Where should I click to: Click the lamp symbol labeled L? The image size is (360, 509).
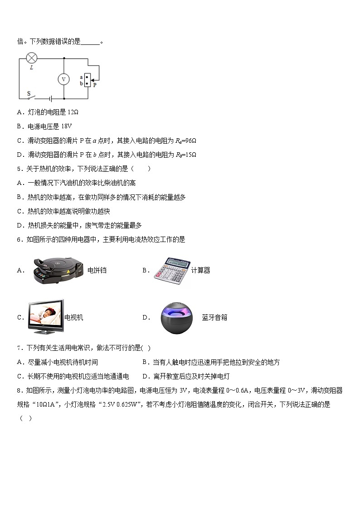pyautogui.click(x=31, y=58)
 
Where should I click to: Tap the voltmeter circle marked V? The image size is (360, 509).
pyautogui.click(x=63, y=79)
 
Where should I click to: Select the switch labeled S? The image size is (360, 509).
pyautogui.click(x=29, y=96)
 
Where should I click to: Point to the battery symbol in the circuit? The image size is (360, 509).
pyautogui.click(x=51, y=98)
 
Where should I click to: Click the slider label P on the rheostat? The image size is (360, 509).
pyautogui.click(x=94, y=84)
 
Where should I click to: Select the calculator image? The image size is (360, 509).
pyautogui.click(x=171, y=271)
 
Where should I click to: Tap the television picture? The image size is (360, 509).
pyautogui.click(x=45, y=317)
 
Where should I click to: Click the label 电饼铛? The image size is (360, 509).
pyautogui.click(x=97, y=271)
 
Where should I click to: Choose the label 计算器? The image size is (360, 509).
pyautogui.click(x=200, y=271)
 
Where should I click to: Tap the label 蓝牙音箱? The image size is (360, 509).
pyautogui.click(x=214, y=318)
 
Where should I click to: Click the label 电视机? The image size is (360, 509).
pyautogui.click(x=74, y=318)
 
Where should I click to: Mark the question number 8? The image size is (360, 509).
pyautogui.click(x=19, y=390)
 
